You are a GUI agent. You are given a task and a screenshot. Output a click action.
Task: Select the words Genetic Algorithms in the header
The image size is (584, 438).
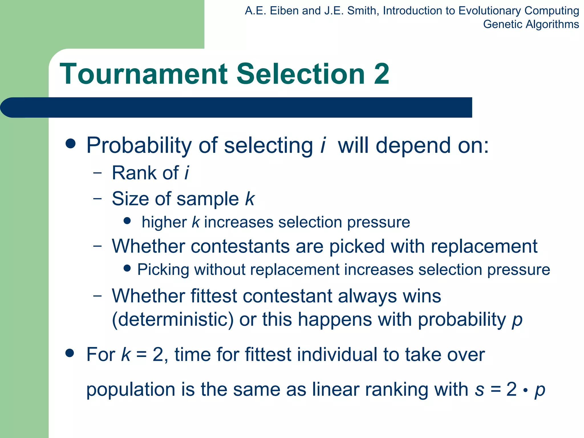coord(531,24)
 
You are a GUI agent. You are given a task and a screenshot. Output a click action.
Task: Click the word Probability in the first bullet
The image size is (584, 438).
coord(139,146)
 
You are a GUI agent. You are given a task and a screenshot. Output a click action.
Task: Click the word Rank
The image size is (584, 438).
coord(131,173)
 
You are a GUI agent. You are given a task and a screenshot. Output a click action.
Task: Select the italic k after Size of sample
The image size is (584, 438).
coord(250,199)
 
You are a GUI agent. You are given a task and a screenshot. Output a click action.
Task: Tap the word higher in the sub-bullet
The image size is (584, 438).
coord(164,222)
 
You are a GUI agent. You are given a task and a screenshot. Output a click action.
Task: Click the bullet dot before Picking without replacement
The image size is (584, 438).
coord(127,268)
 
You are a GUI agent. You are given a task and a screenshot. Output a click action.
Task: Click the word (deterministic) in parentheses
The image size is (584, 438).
coord(173,319)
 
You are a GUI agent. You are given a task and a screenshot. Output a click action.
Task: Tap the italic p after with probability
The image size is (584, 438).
coord(517,321)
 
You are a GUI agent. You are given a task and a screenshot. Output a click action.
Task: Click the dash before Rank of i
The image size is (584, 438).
coord(97,173)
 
